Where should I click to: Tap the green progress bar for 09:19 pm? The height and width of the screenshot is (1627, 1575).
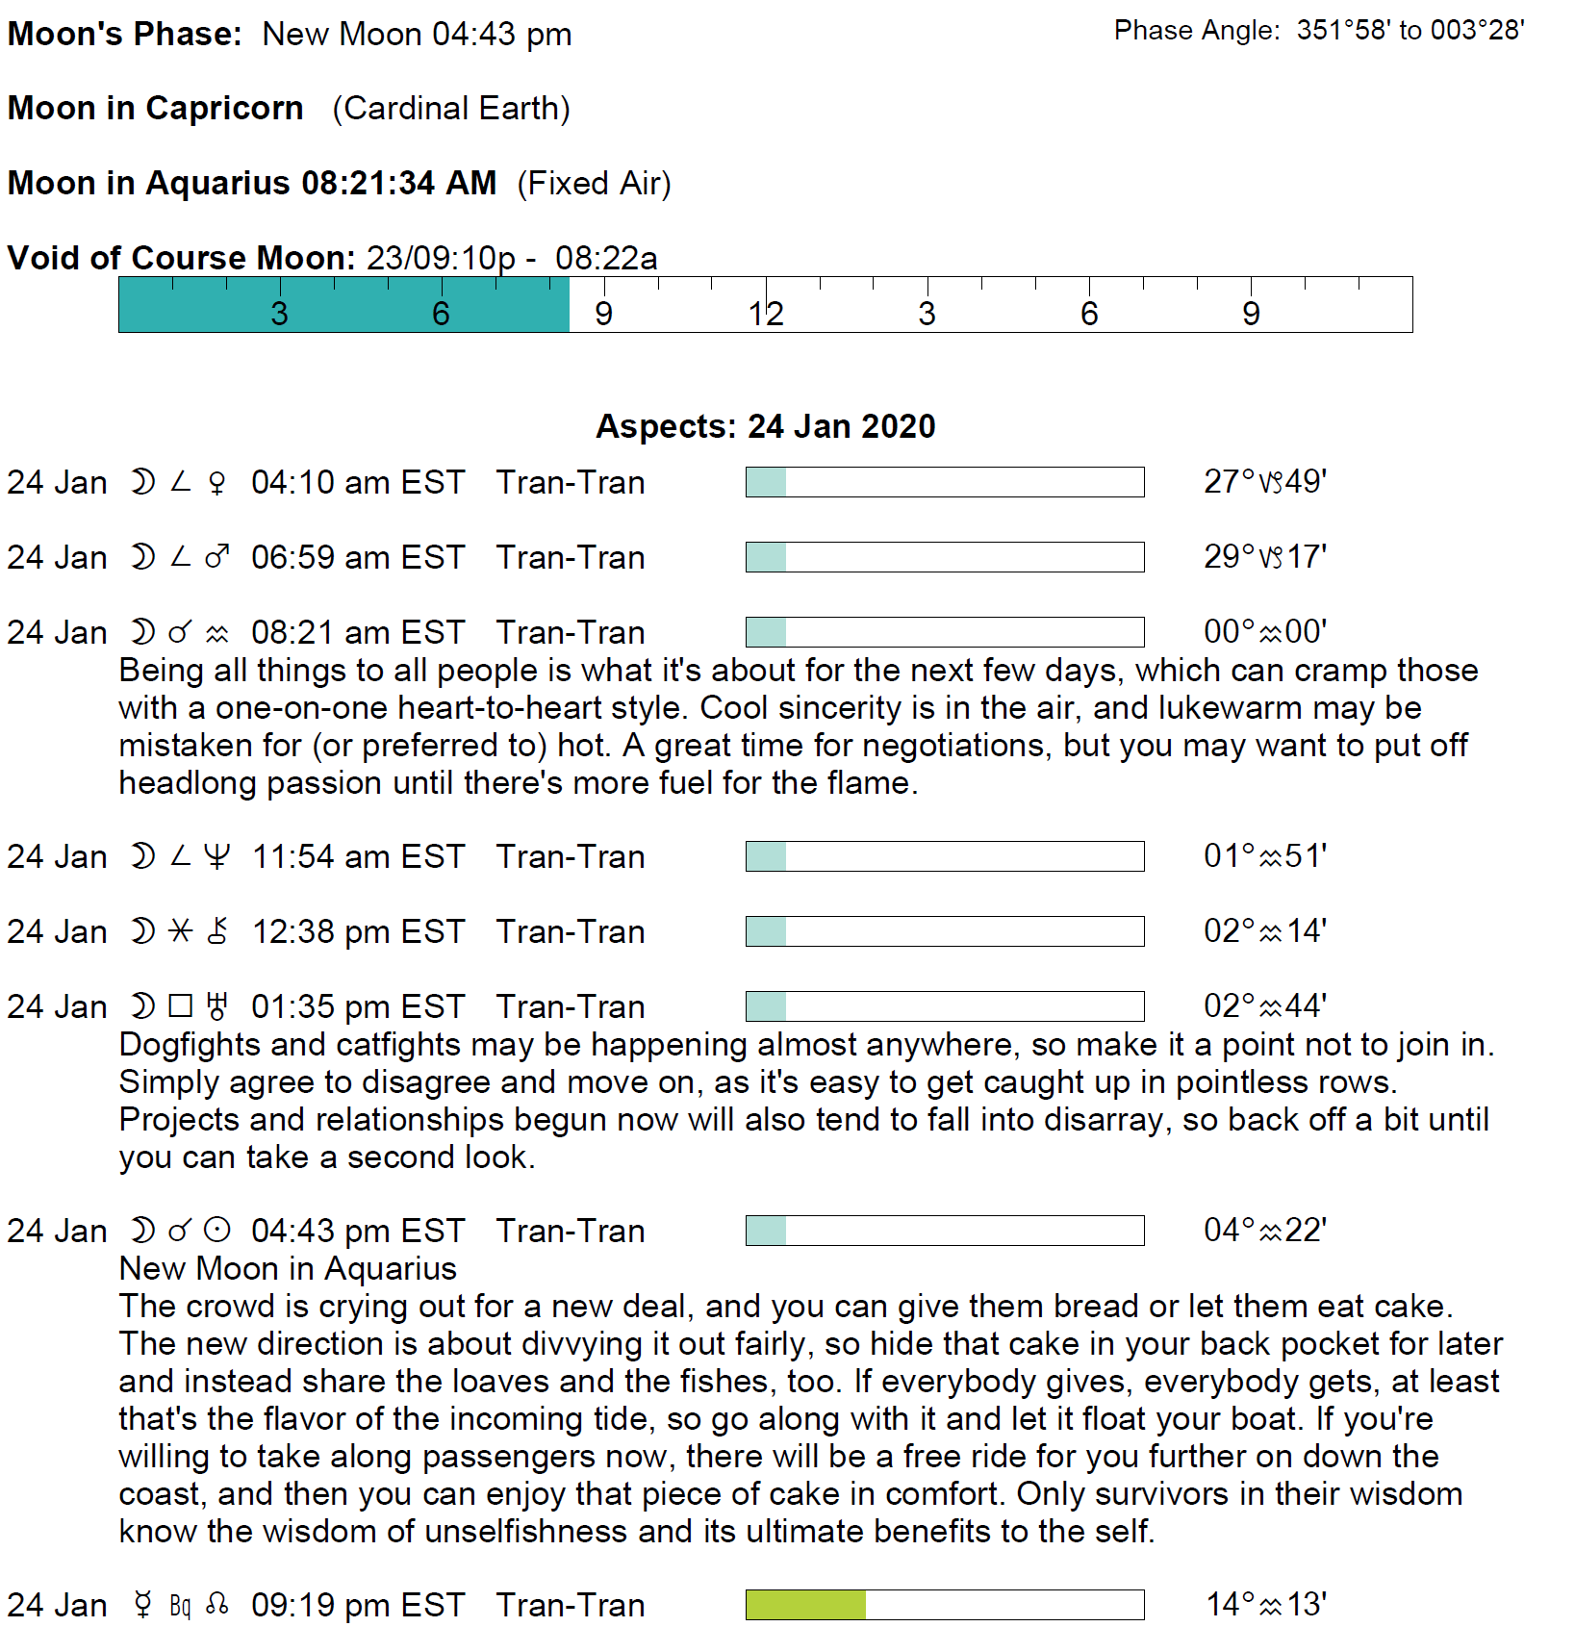pyautogui.click(x=806, y=1604)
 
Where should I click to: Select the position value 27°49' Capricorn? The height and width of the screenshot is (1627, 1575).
pyautogui.click(x=1264, y=481)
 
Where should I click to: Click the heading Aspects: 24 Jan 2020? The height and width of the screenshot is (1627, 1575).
pyautogui.click(x=765, y=426)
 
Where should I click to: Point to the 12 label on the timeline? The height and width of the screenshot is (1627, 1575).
pyautogui.click(x=766, y=314)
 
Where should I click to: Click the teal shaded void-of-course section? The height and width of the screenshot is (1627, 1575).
pyautogui.click(x=343, y=305)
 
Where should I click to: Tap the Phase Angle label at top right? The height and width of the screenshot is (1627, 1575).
pyautogui.click(x=1196, y=31)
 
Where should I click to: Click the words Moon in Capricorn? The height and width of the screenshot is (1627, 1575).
pyautogui.click(x=155, y=108)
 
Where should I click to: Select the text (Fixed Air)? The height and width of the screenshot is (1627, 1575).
pyautogui.click(x=594, y=183)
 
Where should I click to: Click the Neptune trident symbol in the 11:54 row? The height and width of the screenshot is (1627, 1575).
pyautogui.click(x=217, y=856)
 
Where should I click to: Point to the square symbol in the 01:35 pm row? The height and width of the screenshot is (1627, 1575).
pyautogui.click(x=180, y=1006)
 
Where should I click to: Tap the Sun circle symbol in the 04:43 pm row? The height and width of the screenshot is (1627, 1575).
pyautogui.click(x=218, y=1231)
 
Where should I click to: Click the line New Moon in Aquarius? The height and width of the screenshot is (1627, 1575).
pyautogui.click(x=287, y=1268)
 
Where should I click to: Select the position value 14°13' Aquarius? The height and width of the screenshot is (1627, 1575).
pyautogui.click(x=1265, y=1604)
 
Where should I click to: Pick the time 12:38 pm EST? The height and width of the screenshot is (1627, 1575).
pyautogui.click(x=358, y=931)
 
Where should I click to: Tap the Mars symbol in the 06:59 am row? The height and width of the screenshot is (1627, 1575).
pyautogui.click(x=217, y=557)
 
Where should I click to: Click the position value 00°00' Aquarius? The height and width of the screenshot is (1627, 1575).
pyautogui.click(x=1264, y=631)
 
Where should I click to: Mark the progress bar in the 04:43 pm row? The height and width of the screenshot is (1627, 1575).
pyautogui.click(x=944, y=1231)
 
